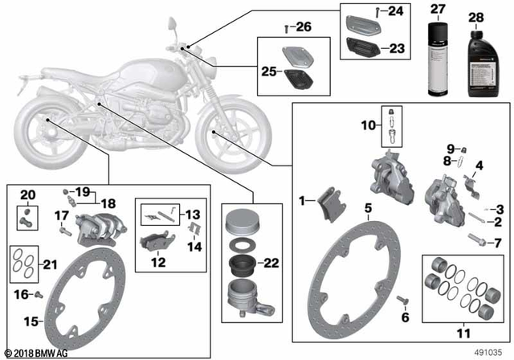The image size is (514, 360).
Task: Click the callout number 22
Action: (x=271, y=264)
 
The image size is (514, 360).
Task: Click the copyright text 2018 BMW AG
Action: (x=36, y=352)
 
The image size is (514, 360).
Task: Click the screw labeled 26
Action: (x=287, y=28)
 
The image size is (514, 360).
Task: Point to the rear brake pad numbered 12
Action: (x=153, y=241)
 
